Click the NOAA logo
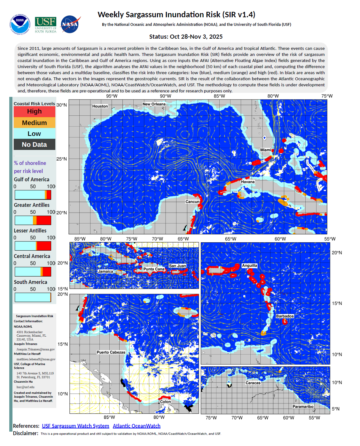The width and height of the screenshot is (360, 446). click(x=20, y=24)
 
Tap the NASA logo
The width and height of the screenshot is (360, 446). click(x=70, y=24)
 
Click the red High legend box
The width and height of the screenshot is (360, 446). click(x=35, y=112)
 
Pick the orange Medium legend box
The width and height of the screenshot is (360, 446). click(x=35, y=123)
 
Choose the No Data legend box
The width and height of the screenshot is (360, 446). click(x=35, y=145)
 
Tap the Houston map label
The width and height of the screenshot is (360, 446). click(x=100, y=106)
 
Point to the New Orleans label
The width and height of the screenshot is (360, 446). click(x=154, y=104)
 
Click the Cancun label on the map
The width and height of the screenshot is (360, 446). click(x=192, y=202)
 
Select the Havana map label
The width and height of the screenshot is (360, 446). click(x=248, y=182)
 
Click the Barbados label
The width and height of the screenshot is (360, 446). click(x=285, y=316)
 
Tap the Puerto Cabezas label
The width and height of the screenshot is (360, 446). click(x=111, y=352)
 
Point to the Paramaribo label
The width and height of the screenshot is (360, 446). click(x=303, y=407)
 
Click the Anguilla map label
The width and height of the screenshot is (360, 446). click(x=249, y=266)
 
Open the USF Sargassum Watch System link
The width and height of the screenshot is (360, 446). click(x=75, y=426)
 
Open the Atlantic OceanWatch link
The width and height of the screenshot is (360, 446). click(x=137, y=426)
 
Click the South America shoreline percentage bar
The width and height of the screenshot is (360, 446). click(x=33, y=297)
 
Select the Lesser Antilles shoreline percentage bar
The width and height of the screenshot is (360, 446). click(x=33, y=246)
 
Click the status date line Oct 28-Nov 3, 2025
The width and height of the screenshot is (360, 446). click(x=186, y=37)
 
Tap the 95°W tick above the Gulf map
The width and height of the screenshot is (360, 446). click(x=112, y=96)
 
